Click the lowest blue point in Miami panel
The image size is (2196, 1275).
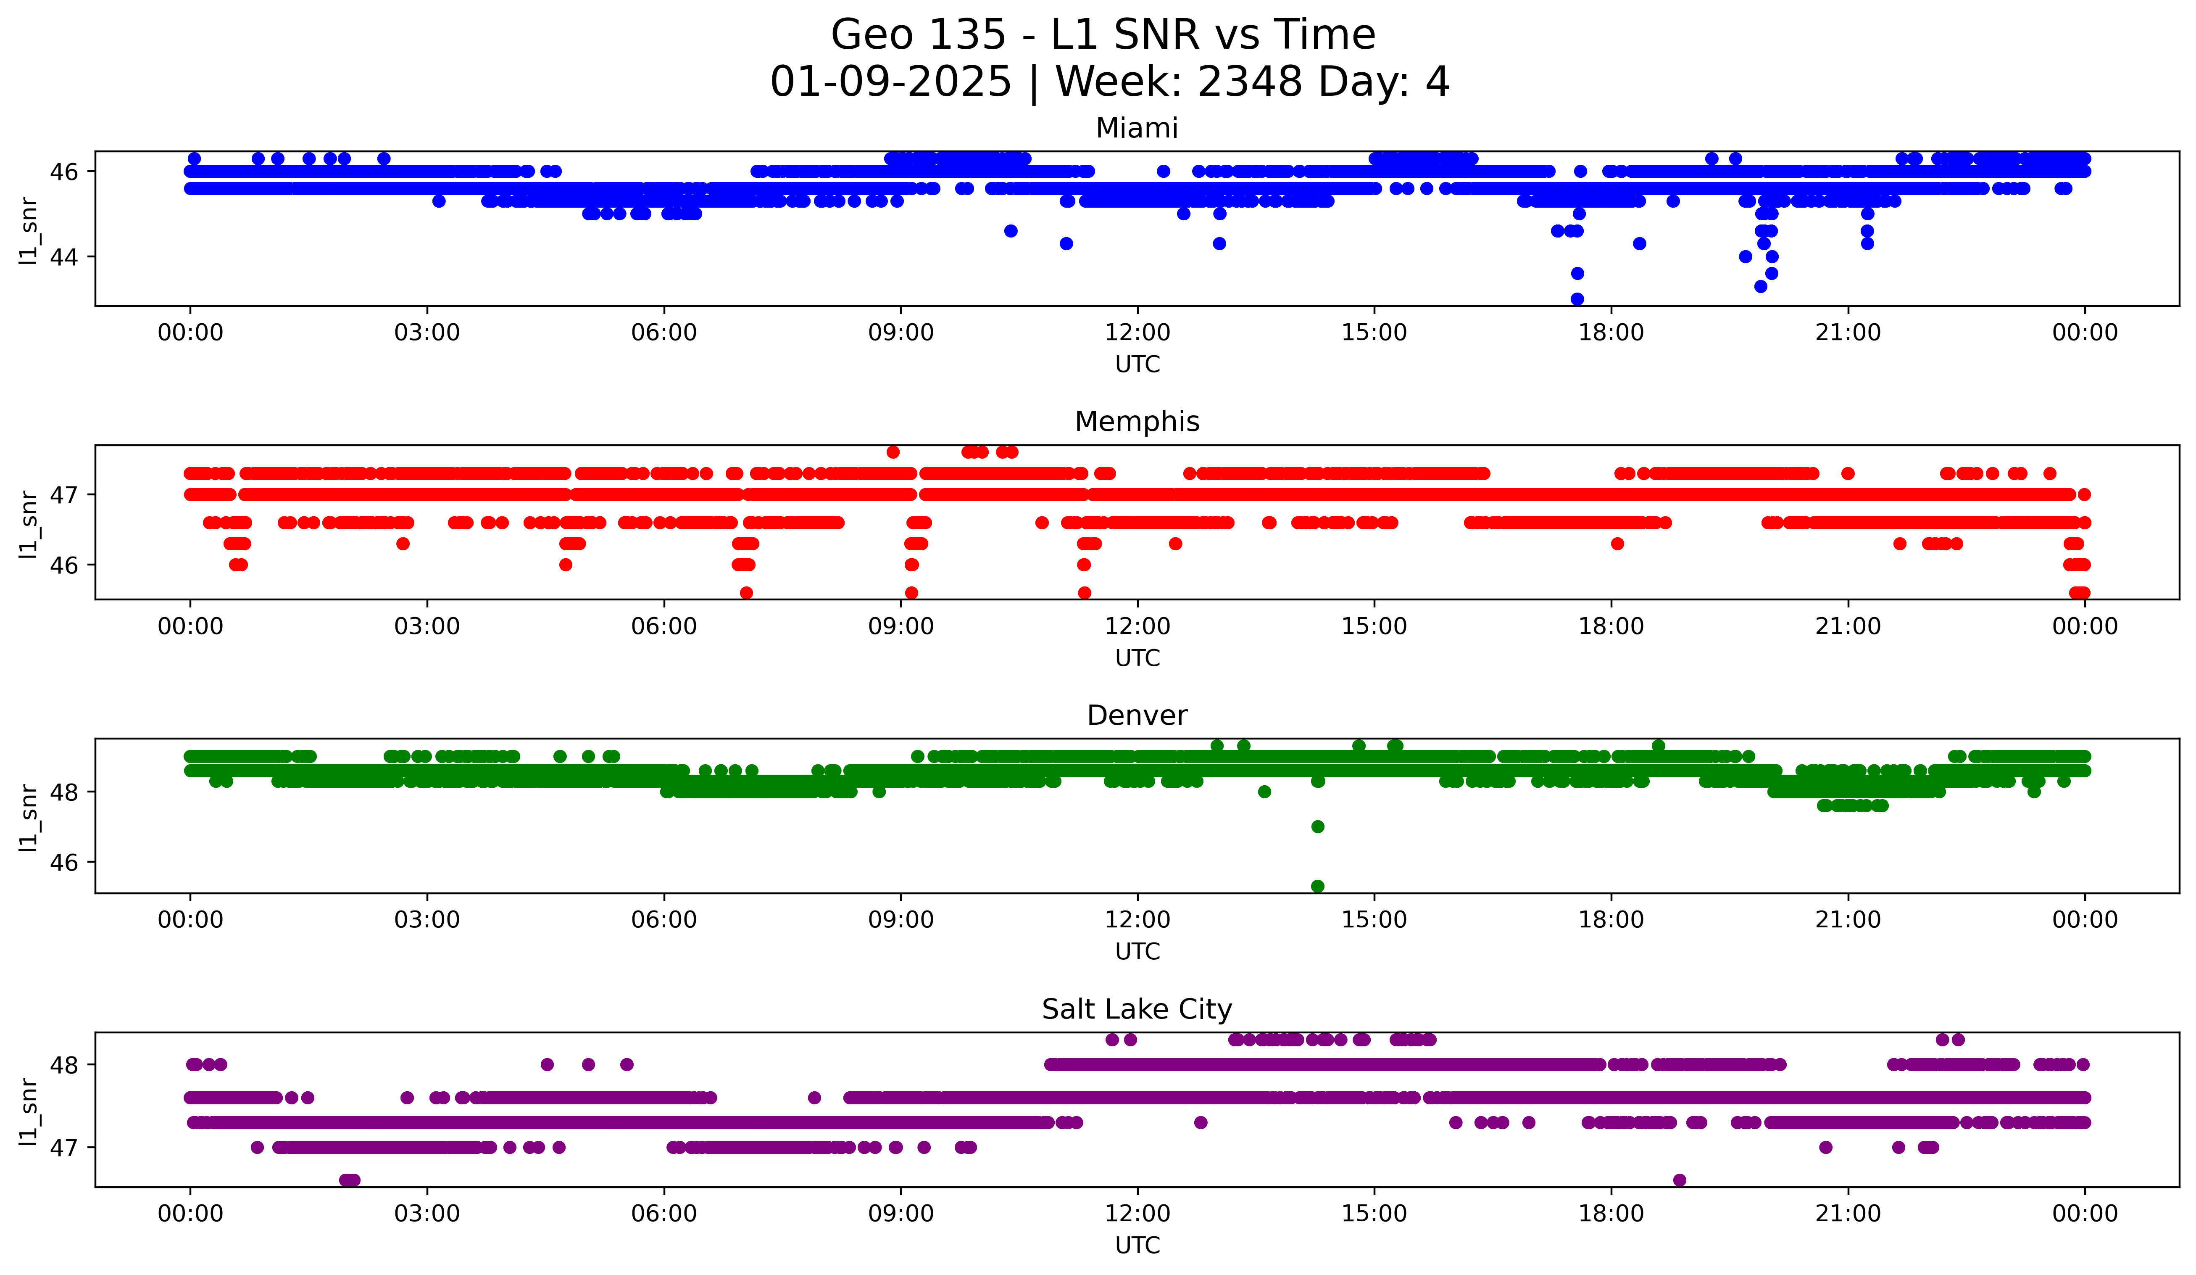(1577, 299)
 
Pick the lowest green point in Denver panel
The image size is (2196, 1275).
(1318, 886)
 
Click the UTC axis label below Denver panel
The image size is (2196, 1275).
(1137, 952)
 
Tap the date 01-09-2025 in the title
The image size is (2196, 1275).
(890, 82)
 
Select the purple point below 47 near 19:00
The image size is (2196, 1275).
(1679, 1180)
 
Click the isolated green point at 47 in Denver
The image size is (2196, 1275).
(1318, 826)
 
